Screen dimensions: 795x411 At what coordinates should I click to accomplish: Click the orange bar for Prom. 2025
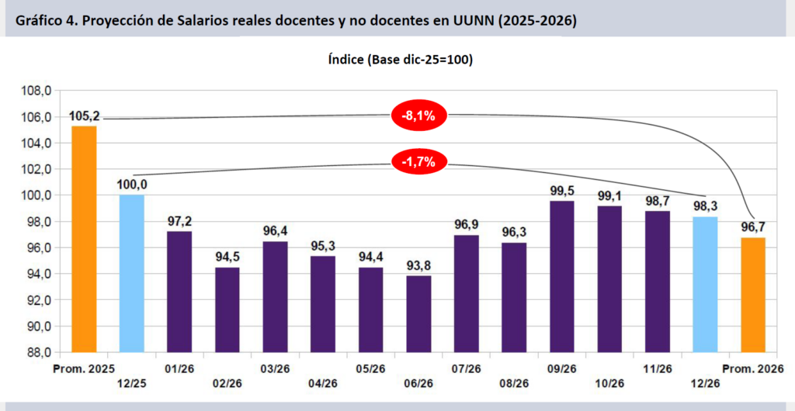tap(84, 239)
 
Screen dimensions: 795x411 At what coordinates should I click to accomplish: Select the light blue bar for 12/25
tap(132, 273)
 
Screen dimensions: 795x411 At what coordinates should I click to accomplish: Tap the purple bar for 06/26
tap(418, 314)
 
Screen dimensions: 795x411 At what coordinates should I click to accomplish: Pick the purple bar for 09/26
tap(562, 276)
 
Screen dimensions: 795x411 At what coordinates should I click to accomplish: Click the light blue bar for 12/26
tap(705, 285)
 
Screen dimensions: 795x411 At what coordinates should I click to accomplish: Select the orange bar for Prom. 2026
tap(753, 295)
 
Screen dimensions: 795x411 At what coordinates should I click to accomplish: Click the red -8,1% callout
tap(418, 116)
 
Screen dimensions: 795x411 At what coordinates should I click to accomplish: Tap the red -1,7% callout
tap(418, 163)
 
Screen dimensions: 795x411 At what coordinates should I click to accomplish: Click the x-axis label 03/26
tap(275, 368)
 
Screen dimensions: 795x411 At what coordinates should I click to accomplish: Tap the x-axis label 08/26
tap(514, 383)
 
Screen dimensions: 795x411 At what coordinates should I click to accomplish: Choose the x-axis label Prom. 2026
tap(753, 368)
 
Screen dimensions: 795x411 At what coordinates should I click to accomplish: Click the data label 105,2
tap(84, 117)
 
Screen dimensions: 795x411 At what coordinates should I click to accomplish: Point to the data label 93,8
tap(418, 264)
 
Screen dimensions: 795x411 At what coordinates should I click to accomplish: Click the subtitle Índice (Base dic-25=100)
tap(401, 60)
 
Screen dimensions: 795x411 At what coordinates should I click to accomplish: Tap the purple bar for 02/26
tap(227, 309)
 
